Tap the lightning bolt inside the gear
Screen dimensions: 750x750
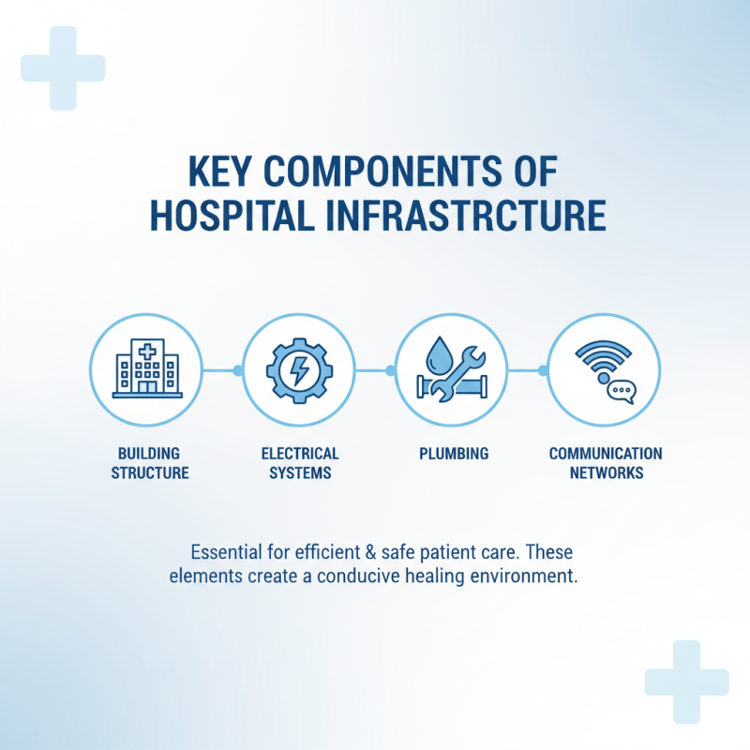[299, 369]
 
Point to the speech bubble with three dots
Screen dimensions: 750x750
[620, 391]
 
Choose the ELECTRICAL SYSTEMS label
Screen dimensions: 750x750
[300, 463]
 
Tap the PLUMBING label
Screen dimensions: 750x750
[453, 454]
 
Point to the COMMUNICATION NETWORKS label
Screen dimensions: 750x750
[606, 463]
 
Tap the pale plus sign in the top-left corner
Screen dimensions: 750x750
[63, 67]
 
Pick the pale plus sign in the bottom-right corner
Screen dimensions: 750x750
[686, 682]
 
